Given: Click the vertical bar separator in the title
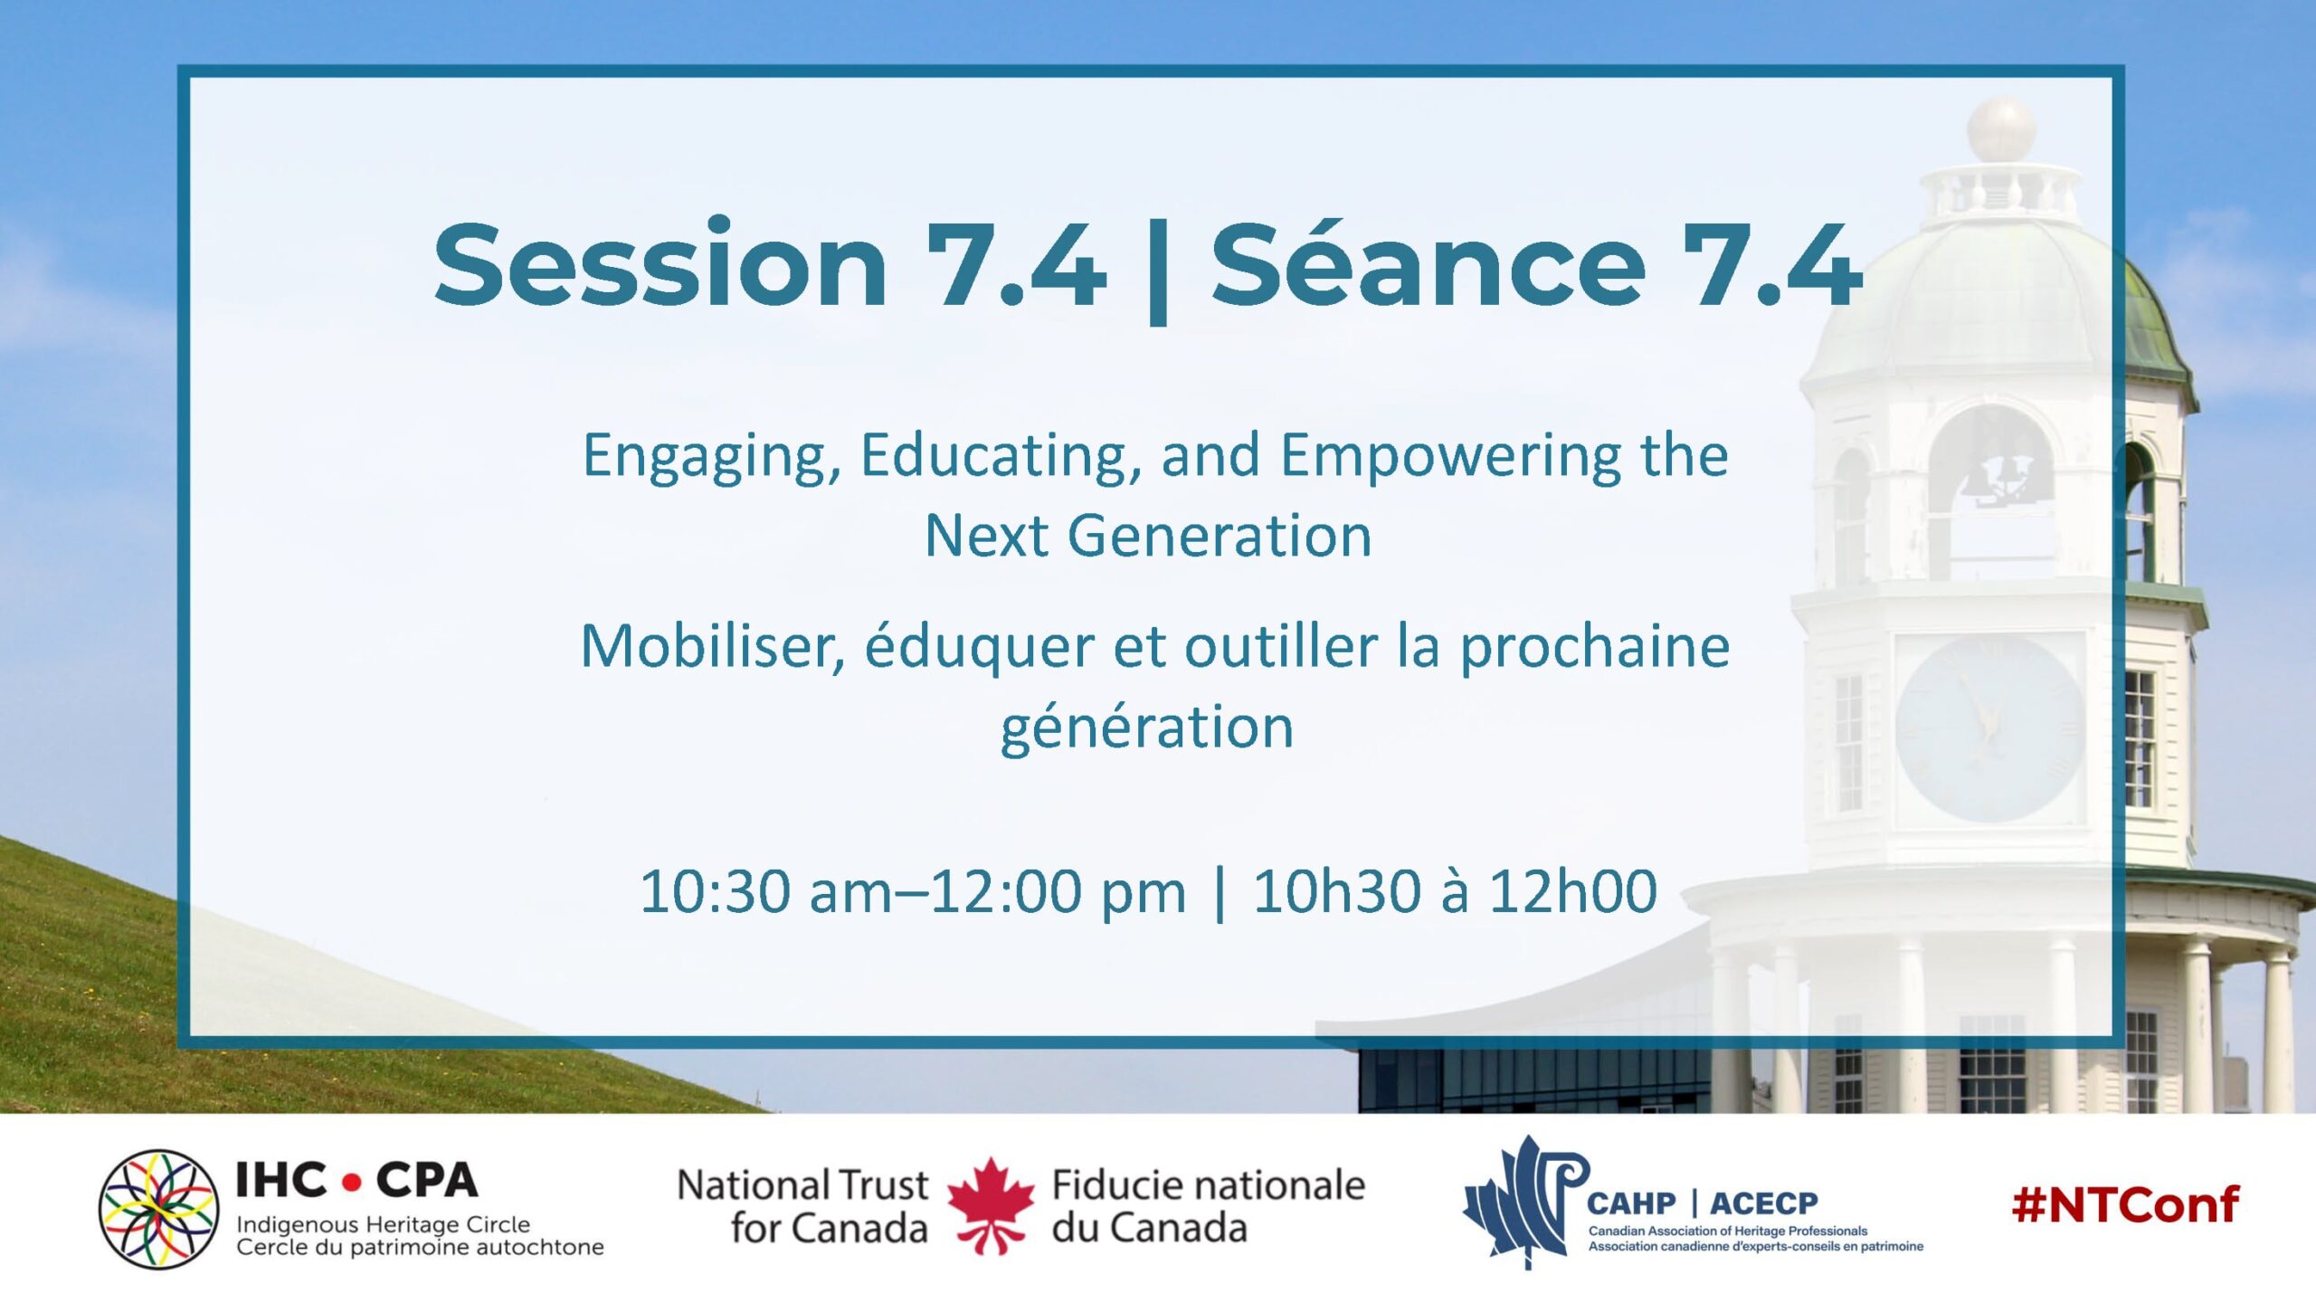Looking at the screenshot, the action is (1158, 271).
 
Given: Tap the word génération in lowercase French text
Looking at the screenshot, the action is (1147, 728).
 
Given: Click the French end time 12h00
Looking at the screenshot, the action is (1573, 891).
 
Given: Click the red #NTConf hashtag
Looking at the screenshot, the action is (2125, 1205).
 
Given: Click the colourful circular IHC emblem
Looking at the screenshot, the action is (159, 1209).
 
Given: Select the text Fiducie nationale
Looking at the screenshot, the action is (1209, 1184).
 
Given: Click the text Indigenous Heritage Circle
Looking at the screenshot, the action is (384, 1225).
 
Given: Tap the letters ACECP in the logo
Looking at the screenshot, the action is (1763, 1203).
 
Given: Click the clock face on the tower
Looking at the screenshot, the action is (1989, 728).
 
